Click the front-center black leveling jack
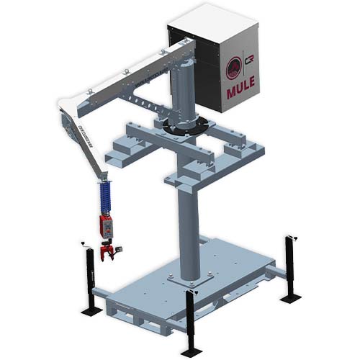[190, 317]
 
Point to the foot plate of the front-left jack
[91, 311]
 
